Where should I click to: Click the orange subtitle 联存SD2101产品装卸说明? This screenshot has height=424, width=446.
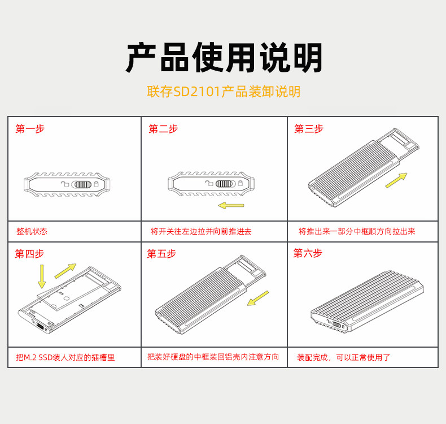coord(223,92)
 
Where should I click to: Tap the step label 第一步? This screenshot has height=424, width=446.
coord(30,129)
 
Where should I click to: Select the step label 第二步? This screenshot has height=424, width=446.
coord(163,129)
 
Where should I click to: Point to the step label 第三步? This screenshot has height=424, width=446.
coord(309,129)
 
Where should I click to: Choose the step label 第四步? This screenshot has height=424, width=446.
coord(29,254)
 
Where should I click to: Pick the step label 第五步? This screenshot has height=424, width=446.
coord(161,254)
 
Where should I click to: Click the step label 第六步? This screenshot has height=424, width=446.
coord(308,253)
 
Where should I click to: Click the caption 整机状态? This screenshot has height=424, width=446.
coord(32,232)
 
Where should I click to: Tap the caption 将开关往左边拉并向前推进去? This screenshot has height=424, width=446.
coord(201,232)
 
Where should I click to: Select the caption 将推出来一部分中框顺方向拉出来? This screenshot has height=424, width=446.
coord(357,232)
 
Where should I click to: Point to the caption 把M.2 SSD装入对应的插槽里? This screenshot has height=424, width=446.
coord(66,357)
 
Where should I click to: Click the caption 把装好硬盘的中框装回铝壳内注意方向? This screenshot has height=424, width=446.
coord(213,357)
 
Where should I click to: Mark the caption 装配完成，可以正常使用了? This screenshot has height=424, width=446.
coord(344,357)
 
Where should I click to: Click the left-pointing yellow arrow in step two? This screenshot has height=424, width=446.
coord(231,205)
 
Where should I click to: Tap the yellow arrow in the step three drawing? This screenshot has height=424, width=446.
coord(396,181)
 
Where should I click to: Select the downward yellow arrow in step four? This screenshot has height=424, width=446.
coord(42,276)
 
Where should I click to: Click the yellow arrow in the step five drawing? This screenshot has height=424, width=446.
coord(258,297)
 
